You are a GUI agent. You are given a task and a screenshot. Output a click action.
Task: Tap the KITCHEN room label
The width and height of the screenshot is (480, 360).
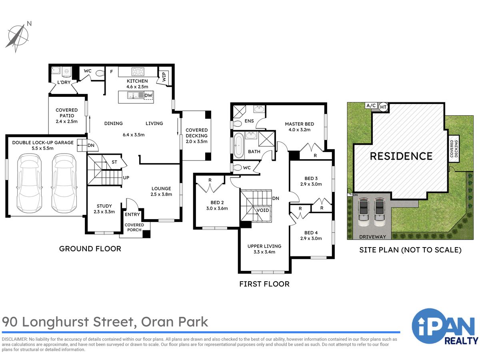point(137,81)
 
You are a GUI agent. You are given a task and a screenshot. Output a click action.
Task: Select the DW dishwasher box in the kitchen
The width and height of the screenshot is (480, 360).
point(148,96)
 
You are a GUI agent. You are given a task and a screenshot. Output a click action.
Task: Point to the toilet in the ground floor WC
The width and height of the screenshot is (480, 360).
point(100,73)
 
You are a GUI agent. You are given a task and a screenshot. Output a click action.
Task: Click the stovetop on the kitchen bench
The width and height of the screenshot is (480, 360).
point(138,72)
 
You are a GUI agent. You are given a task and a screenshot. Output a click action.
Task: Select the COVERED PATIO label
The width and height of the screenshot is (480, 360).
point(67,113)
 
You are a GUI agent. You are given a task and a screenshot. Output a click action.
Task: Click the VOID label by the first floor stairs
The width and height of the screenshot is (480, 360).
point(263,210)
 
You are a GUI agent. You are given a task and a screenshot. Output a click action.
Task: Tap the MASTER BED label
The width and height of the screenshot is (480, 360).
point(299,124)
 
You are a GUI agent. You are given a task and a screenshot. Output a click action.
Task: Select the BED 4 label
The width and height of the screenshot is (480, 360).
point(311,233)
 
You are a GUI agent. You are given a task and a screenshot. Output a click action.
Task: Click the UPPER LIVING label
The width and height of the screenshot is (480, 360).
point(264,246)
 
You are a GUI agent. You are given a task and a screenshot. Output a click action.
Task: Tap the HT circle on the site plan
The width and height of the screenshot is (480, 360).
point(383,107)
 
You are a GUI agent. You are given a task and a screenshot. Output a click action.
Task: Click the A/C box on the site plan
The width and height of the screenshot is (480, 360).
point(370,106)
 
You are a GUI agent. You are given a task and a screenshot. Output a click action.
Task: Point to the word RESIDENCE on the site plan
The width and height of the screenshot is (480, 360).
point(401,156)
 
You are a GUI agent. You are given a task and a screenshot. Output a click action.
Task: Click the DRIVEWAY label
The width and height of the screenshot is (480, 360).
point(372,236)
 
